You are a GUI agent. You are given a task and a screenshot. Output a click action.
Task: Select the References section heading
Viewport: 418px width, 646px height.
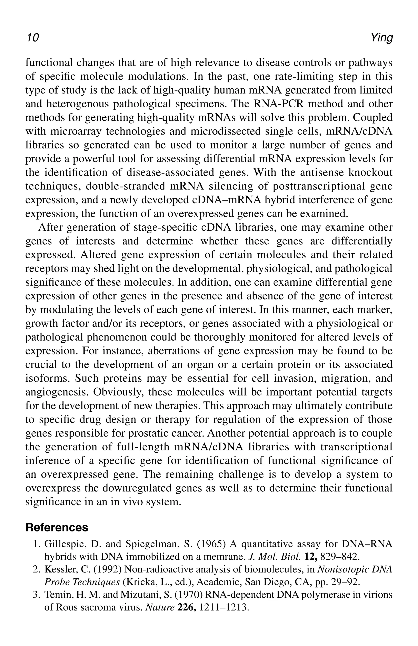57,527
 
